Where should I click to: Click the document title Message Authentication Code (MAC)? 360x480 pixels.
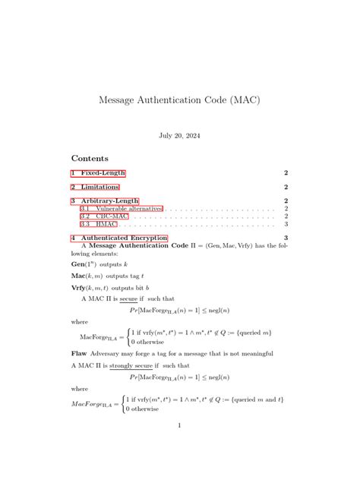tap(179, 100)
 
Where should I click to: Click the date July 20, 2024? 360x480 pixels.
tap(179, 135)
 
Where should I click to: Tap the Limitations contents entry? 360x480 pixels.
tap(95, 187)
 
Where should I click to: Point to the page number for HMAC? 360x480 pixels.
tap(286, 224)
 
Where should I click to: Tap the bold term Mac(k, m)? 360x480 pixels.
tap(87, 276)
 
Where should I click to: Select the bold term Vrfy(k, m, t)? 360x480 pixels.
tap(92, 289)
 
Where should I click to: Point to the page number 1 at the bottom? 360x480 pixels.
tap(179, 425)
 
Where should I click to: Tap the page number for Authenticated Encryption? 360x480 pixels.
tap(286, 238)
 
